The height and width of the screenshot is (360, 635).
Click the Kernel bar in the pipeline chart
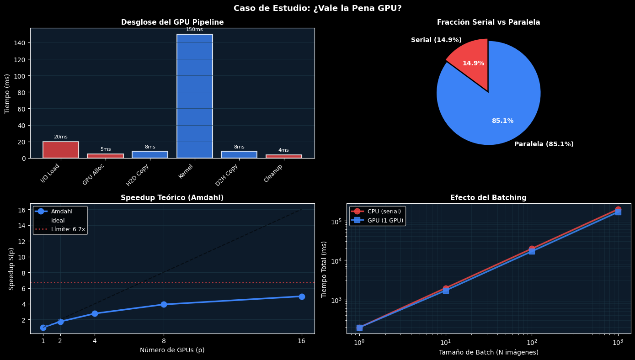195,96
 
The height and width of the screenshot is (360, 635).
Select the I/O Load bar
61,150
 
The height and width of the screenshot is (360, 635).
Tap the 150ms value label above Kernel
194,30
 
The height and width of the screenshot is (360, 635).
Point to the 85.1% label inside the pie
502,121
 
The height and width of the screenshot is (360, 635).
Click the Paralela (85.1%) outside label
544,144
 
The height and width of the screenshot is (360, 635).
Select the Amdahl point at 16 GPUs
302,296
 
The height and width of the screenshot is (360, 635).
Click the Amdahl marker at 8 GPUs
164,304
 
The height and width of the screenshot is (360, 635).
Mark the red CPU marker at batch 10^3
618,209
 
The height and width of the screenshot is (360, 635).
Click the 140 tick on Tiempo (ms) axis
22,43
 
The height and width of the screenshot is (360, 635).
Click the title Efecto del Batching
488,198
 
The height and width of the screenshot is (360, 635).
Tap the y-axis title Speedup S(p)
11,269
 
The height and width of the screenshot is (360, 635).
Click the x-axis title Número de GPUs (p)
172,350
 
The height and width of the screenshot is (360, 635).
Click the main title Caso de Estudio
317,8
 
